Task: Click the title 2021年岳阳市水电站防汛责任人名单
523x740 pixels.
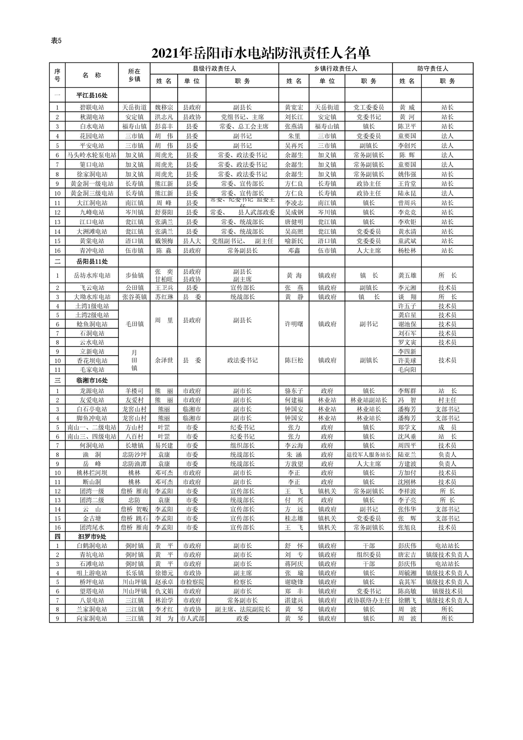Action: [x=261, y=54]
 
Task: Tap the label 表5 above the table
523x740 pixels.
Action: [x=56, y=41]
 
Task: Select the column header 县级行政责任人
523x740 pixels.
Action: [x=214, y=69]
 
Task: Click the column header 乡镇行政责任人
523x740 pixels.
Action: [x=335, y=69]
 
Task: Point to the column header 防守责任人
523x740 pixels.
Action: [x=433, y=69]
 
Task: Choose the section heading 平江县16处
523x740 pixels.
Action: [x=92, y=95]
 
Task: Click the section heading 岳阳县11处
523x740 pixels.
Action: [x=92, y=262]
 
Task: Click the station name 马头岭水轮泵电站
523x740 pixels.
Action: [x=92, y=155]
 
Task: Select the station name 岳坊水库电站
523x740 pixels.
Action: [x=92, y=275]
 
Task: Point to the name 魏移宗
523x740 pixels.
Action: [x=164, y=107]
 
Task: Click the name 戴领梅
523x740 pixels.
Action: [x=164, y=241]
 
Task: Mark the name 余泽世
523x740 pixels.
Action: [x=164, y=360]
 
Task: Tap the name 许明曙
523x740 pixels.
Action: [x=294, y=324]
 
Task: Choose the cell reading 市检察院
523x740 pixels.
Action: [x=192, y=582]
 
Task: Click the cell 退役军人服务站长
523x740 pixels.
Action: [x=368, y=455]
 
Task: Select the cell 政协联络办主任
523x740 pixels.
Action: [x=368, y=600]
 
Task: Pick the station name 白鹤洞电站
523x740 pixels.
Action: [x=92, y=546]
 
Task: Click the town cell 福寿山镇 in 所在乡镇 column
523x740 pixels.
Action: [x=134, y=126]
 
